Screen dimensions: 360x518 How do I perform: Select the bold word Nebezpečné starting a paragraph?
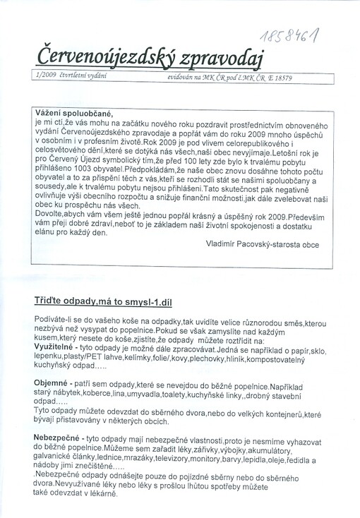click(56, 438)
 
